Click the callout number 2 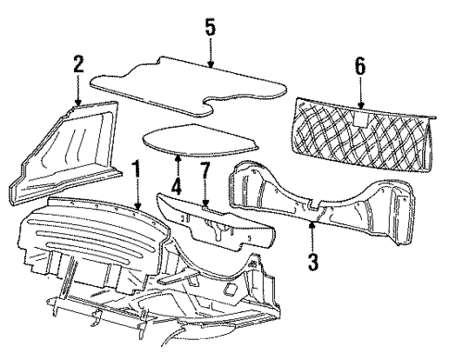[x=78, y=64]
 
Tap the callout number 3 [x=313, y=263]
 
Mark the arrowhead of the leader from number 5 [x=210, y=69]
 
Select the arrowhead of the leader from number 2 [x=78, y=105]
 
